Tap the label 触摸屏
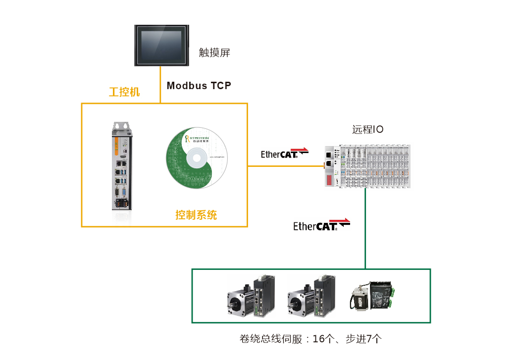coord(214,52)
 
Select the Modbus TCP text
coord(199,86)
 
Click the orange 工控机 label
coord(124,92)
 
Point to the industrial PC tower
coord(122,166)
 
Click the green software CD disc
coord(196,158)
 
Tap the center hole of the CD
coord(196,158)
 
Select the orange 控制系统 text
coord(196,215)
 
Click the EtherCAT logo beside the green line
coord(321,225)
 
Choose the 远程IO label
coord(367,130)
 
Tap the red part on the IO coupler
coord(329,179)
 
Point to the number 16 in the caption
coord(319,339)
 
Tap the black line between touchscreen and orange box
coord(160,84)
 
